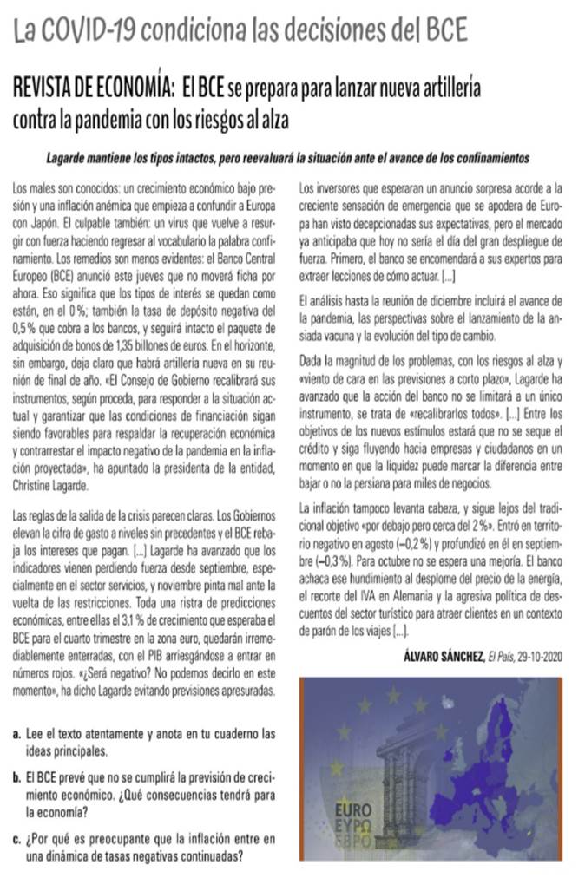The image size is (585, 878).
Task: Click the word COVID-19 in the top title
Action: click(x=90, y=32)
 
